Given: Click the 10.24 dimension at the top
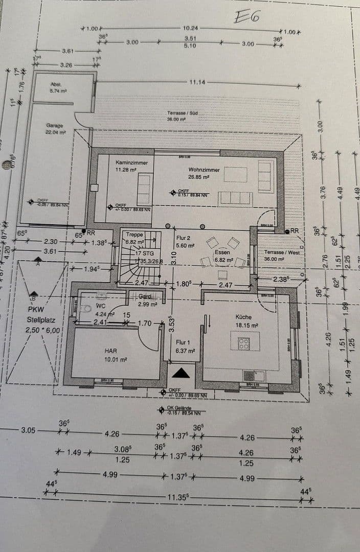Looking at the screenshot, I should (190, 29).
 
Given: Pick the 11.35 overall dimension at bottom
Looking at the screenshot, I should (178, 497).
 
